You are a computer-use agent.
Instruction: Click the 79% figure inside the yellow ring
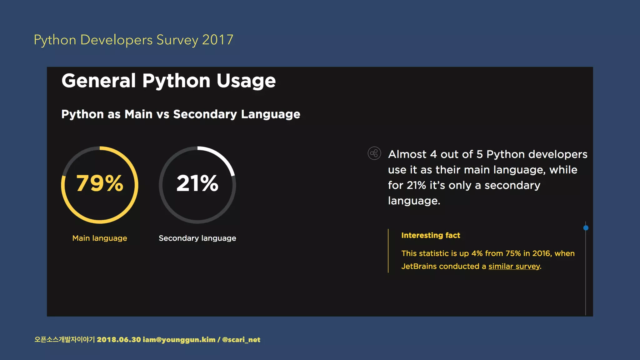[100, 183]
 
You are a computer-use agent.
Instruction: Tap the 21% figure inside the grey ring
[197, 183]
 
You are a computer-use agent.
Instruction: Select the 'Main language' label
[100, 238]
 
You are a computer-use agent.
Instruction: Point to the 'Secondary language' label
[197, 238]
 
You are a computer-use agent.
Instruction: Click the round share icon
[374, 153]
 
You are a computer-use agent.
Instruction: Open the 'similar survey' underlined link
[514, 266]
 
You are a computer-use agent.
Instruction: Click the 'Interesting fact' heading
[431, 235]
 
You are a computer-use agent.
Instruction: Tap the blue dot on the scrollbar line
[586, 228]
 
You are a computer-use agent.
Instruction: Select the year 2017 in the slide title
[217, 40]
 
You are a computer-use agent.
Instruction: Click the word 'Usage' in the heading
[246, 81]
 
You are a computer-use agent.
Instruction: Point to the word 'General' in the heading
[99, 81]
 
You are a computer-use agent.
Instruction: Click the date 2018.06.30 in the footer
[119, 340]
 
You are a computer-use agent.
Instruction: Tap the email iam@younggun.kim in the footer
[179, 340]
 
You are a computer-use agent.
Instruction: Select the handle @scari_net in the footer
[241, 340]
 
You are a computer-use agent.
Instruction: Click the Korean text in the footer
[64, 340]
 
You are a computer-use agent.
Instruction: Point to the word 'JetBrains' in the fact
[419, 266]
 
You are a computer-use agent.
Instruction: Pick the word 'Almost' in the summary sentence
[407, 154]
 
